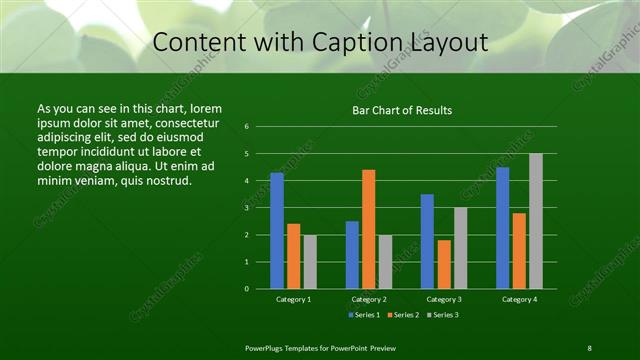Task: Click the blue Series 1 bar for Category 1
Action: pyautogui.click(x=277, y=231)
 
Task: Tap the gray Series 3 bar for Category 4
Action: pyautogui.click(x=536, y=221)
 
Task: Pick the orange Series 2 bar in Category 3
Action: pyautogui.click(x=444, y=264)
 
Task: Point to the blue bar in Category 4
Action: pyautogui.click(x=502, y=228)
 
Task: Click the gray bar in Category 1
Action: pyautogui.click(x=310, y=262)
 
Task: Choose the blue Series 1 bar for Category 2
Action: pyautogui.click(x=352, y=255)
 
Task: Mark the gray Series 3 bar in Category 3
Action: pyautogui.click(x=461, y=248)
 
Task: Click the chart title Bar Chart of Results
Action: pyautogui.click(x=402, y=110)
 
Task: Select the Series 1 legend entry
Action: pyautogui.click(x=364, y=315)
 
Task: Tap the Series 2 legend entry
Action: pyautogui.click(x=402, y=315)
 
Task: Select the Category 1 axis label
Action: pyautogui.click(x=294, y=299)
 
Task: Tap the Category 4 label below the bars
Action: pyautogui.click(x=519, y=299)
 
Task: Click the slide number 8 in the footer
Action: pyautogui.click(x=589, y=347)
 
